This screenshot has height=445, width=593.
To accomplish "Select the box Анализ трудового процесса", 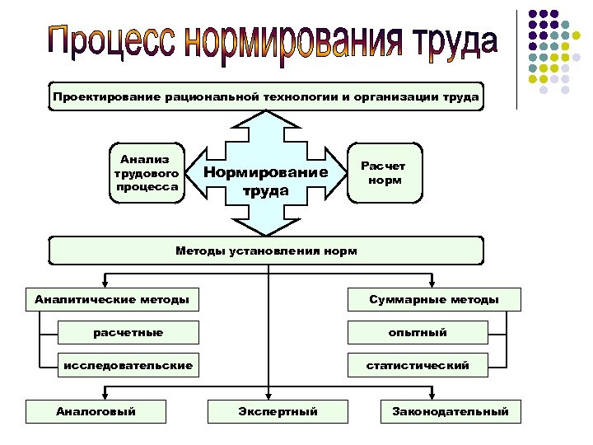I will click(148, 173).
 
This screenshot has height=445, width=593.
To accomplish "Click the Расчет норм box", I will click(385, 173).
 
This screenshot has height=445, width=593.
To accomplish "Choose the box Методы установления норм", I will click(266, 251).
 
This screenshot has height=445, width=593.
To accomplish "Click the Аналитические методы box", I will click(112, 299).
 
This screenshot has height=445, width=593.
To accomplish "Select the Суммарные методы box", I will click(434, 299).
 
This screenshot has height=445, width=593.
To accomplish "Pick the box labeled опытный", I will click(418, 332).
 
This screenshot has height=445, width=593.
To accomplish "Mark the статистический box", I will click(418, 365).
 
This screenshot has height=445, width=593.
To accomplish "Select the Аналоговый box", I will click(96, 411).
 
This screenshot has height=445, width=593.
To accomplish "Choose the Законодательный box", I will click(451, 411).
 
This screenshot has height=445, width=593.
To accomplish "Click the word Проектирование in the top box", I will click(106, 97).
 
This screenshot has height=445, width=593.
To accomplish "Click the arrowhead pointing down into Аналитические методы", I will click(103, 283).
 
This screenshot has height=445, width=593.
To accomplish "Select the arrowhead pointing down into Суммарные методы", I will click(428, 283).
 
